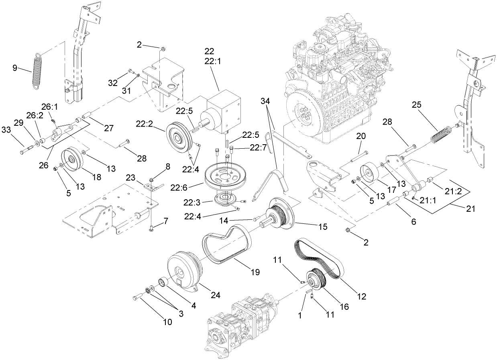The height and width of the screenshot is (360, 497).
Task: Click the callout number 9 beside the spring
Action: pos(15,68)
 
